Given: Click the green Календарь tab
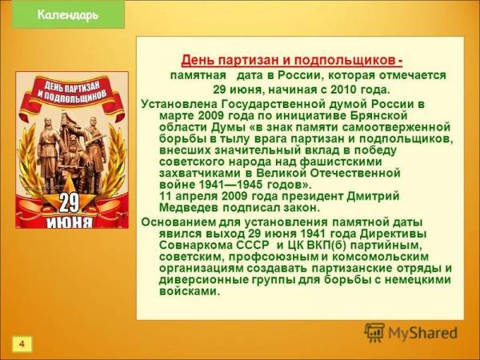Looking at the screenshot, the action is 68,14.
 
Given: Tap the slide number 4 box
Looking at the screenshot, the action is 22,344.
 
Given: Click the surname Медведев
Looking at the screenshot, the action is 189,207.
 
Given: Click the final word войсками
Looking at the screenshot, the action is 190,291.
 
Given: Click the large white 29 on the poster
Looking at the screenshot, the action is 69,203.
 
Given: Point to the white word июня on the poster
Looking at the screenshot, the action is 69,222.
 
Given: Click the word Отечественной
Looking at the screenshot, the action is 355,174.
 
